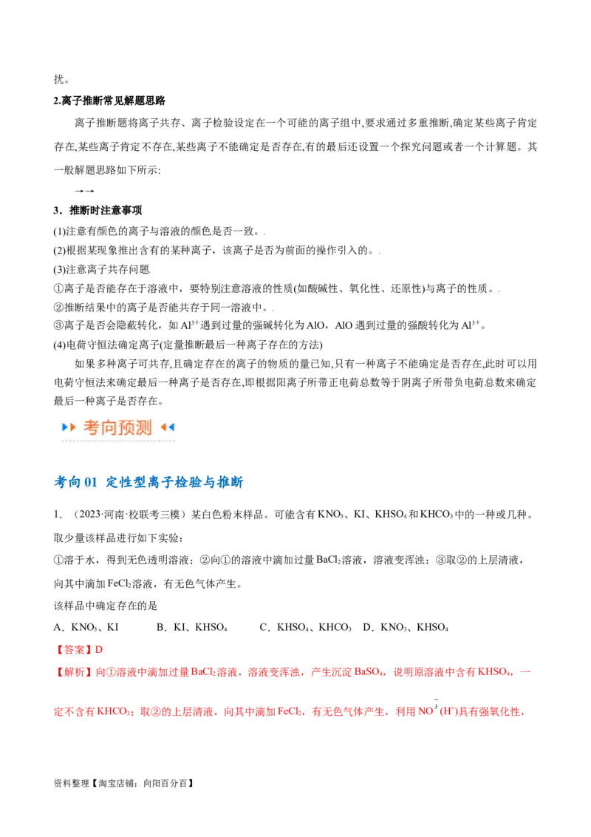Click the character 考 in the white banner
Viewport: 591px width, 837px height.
click(x=92, y=427)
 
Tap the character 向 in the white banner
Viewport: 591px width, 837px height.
click(x=109, y=427)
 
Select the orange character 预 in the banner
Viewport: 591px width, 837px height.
click(x=126, y=427)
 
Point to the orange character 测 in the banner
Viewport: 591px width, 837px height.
click(x=144, y=427)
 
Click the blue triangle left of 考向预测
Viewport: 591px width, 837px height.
click(x=65, y=427)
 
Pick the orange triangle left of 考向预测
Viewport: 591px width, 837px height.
click(x=72, y=427)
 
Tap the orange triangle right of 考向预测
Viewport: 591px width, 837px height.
click(x=163, y=427)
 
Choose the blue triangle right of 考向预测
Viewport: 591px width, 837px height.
click(x=171, y=427)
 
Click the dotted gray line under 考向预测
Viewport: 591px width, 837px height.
click(x=118, y=441)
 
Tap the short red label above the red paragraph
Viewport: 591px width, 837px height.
click(x=80, y=650)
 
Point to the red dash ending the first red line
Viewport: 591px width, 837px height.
click(x=526, y=671)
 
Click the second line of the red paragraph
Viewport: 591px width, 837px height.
click(x=288, y=713)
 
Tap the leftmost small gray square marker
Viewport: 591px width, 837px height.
click(x=151, y=274)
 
